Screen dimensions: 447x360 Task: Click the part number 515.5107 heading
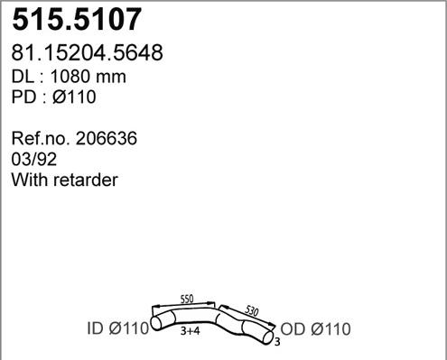[77, 19]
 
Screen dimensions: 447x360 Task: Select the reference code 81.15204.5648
[87, 52]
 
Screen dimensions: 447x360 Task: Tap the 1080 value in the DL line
[70, 76]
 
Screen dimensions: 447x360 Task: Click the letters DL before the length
[23, 76]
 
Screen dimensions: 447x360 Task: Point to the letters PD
[23, 97]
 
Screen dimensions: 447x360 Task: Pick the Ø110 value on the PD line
[74, 97]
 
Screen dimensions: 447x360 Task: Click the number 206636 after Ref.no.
[107, 138]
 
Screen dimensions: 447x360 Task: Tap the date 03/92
[34, 159]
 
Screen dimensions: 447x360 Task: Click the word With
[30, 180]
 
